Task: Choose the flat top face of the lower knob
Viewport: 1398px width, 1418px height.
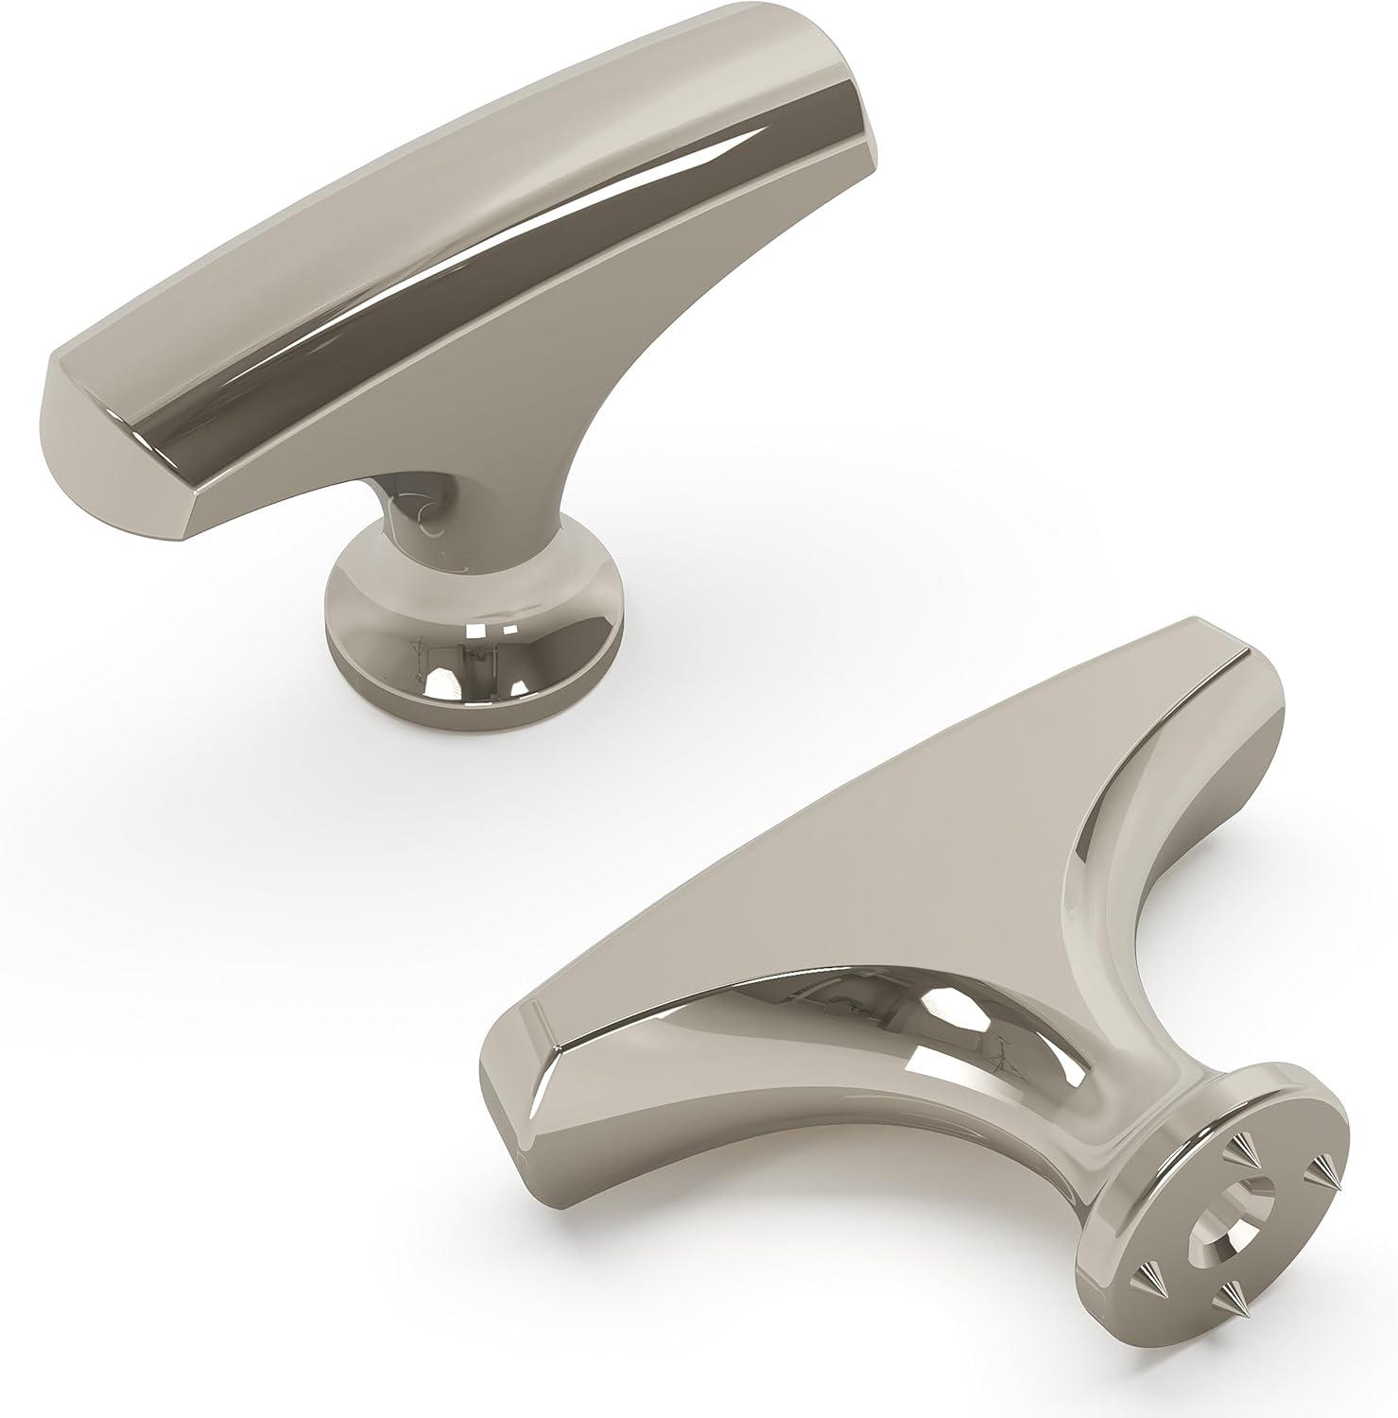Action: point(851,870)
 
